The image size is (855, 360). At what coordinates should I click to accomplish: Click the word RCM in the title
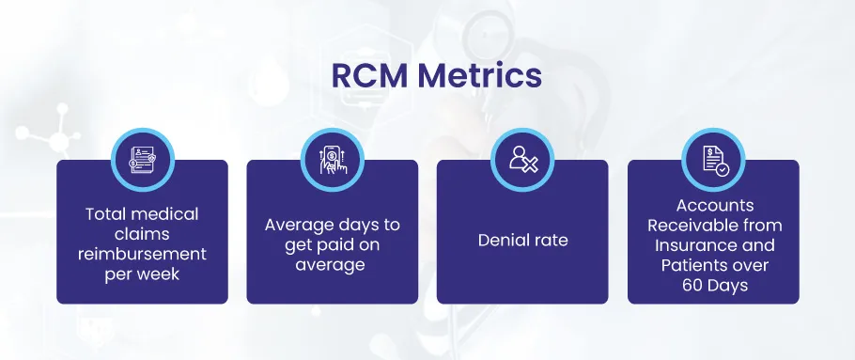pyautogui.click(x=369, y=76)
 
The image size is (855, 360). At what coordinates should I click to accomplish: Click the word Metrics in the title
pyautogui.click(x=480, y=76)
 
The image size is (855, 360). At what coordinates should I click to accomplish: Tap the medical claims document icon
pyautogui.click(x=143, y=161)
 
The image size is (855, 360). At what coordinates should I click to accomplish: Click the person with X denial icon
pyautogui.click(x=523, y=160)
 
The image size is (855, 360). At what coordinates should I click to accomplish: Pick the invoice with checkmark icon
pyautogui.click(x=715, y=161)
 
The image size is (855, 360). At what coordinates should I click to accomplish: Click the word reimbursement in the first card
pyautogui.click(x=142, y=254)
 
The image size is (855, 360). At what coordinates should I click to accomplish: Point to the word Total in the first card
pyautogui.click(x=104, y=213)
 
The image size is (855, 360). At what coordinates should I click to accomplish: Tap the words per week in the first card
pyautogui.click(x=142, y=274)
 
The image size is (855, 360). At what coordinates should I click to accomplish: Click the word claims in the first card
pyautogui.click(x=142, y=234)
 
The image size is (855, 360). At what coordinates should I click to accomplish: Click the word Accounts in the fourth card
pyautogui.click(x=715, y=206)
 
